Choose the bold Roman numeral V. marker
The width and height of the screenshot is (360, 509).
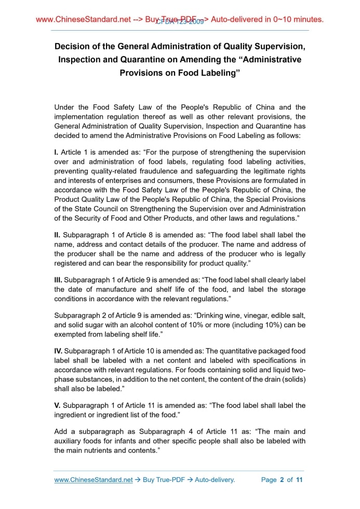pyautogui.click(x=58, y=405)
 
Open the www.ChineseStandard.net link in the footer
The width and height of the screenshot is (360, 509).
pyautogui.click(x=94, y=479)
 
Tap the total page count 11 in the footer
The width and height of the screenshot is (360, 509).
pyautogui.click(x=299, y=479)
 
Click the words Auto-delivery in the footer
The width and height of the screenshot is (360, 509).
pyautogui.click(x=215, y=479)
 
